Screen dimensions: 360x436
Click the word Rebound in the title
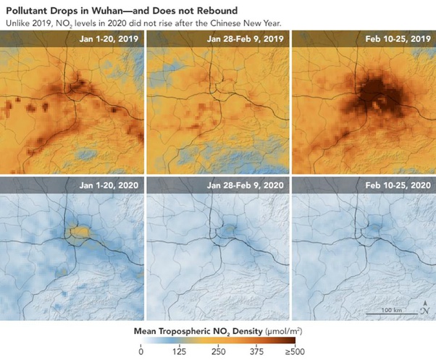(x=237, y=9)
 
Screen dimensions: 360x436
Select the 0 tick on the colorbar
(x=141, y=352)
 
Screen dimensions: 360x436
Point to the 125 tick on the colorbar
(x=179, y=352)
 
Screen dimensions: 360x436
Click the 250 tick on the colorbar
(x=218, y=352)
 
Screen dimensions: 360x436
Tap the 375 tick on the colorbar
(x=256, y=352)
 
